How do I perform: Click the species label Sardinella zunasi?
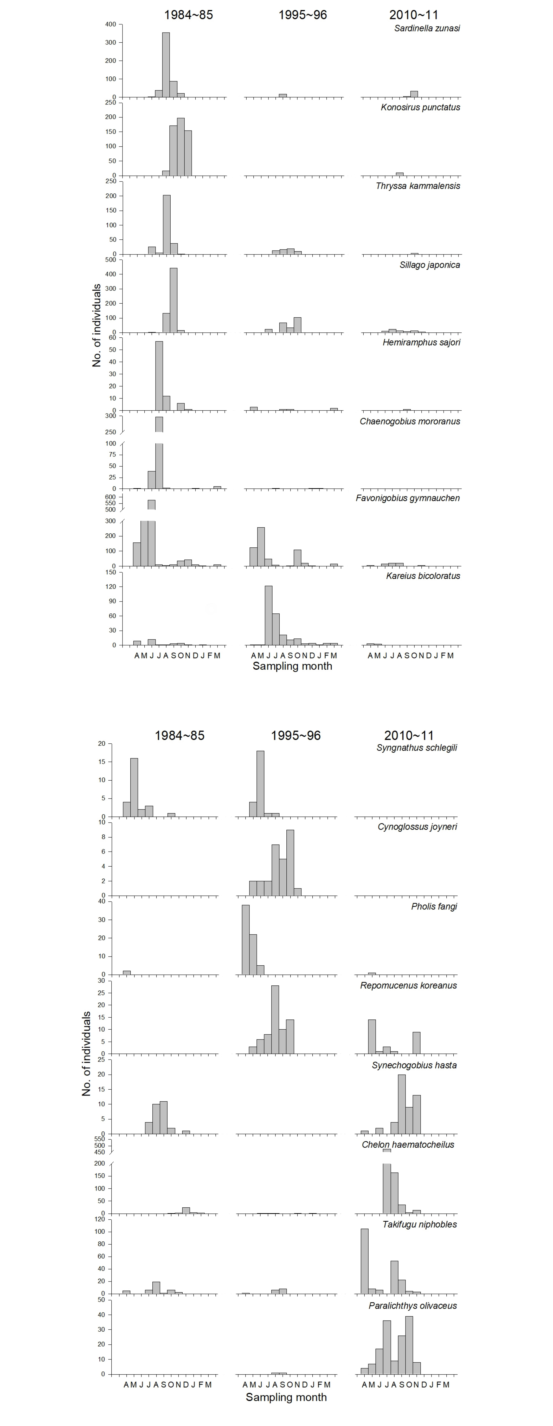[427, 28]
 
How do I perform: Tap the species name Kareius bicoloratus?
[423, 576]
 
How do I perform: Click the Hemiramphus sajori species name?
[421, 342]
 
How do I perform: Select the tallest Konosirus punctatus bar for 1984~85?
[181, 147]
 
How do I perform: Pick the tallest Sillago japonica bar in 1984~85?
[173, 300]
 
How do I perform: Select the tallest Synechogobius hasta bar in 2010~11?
[402, 1104]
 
